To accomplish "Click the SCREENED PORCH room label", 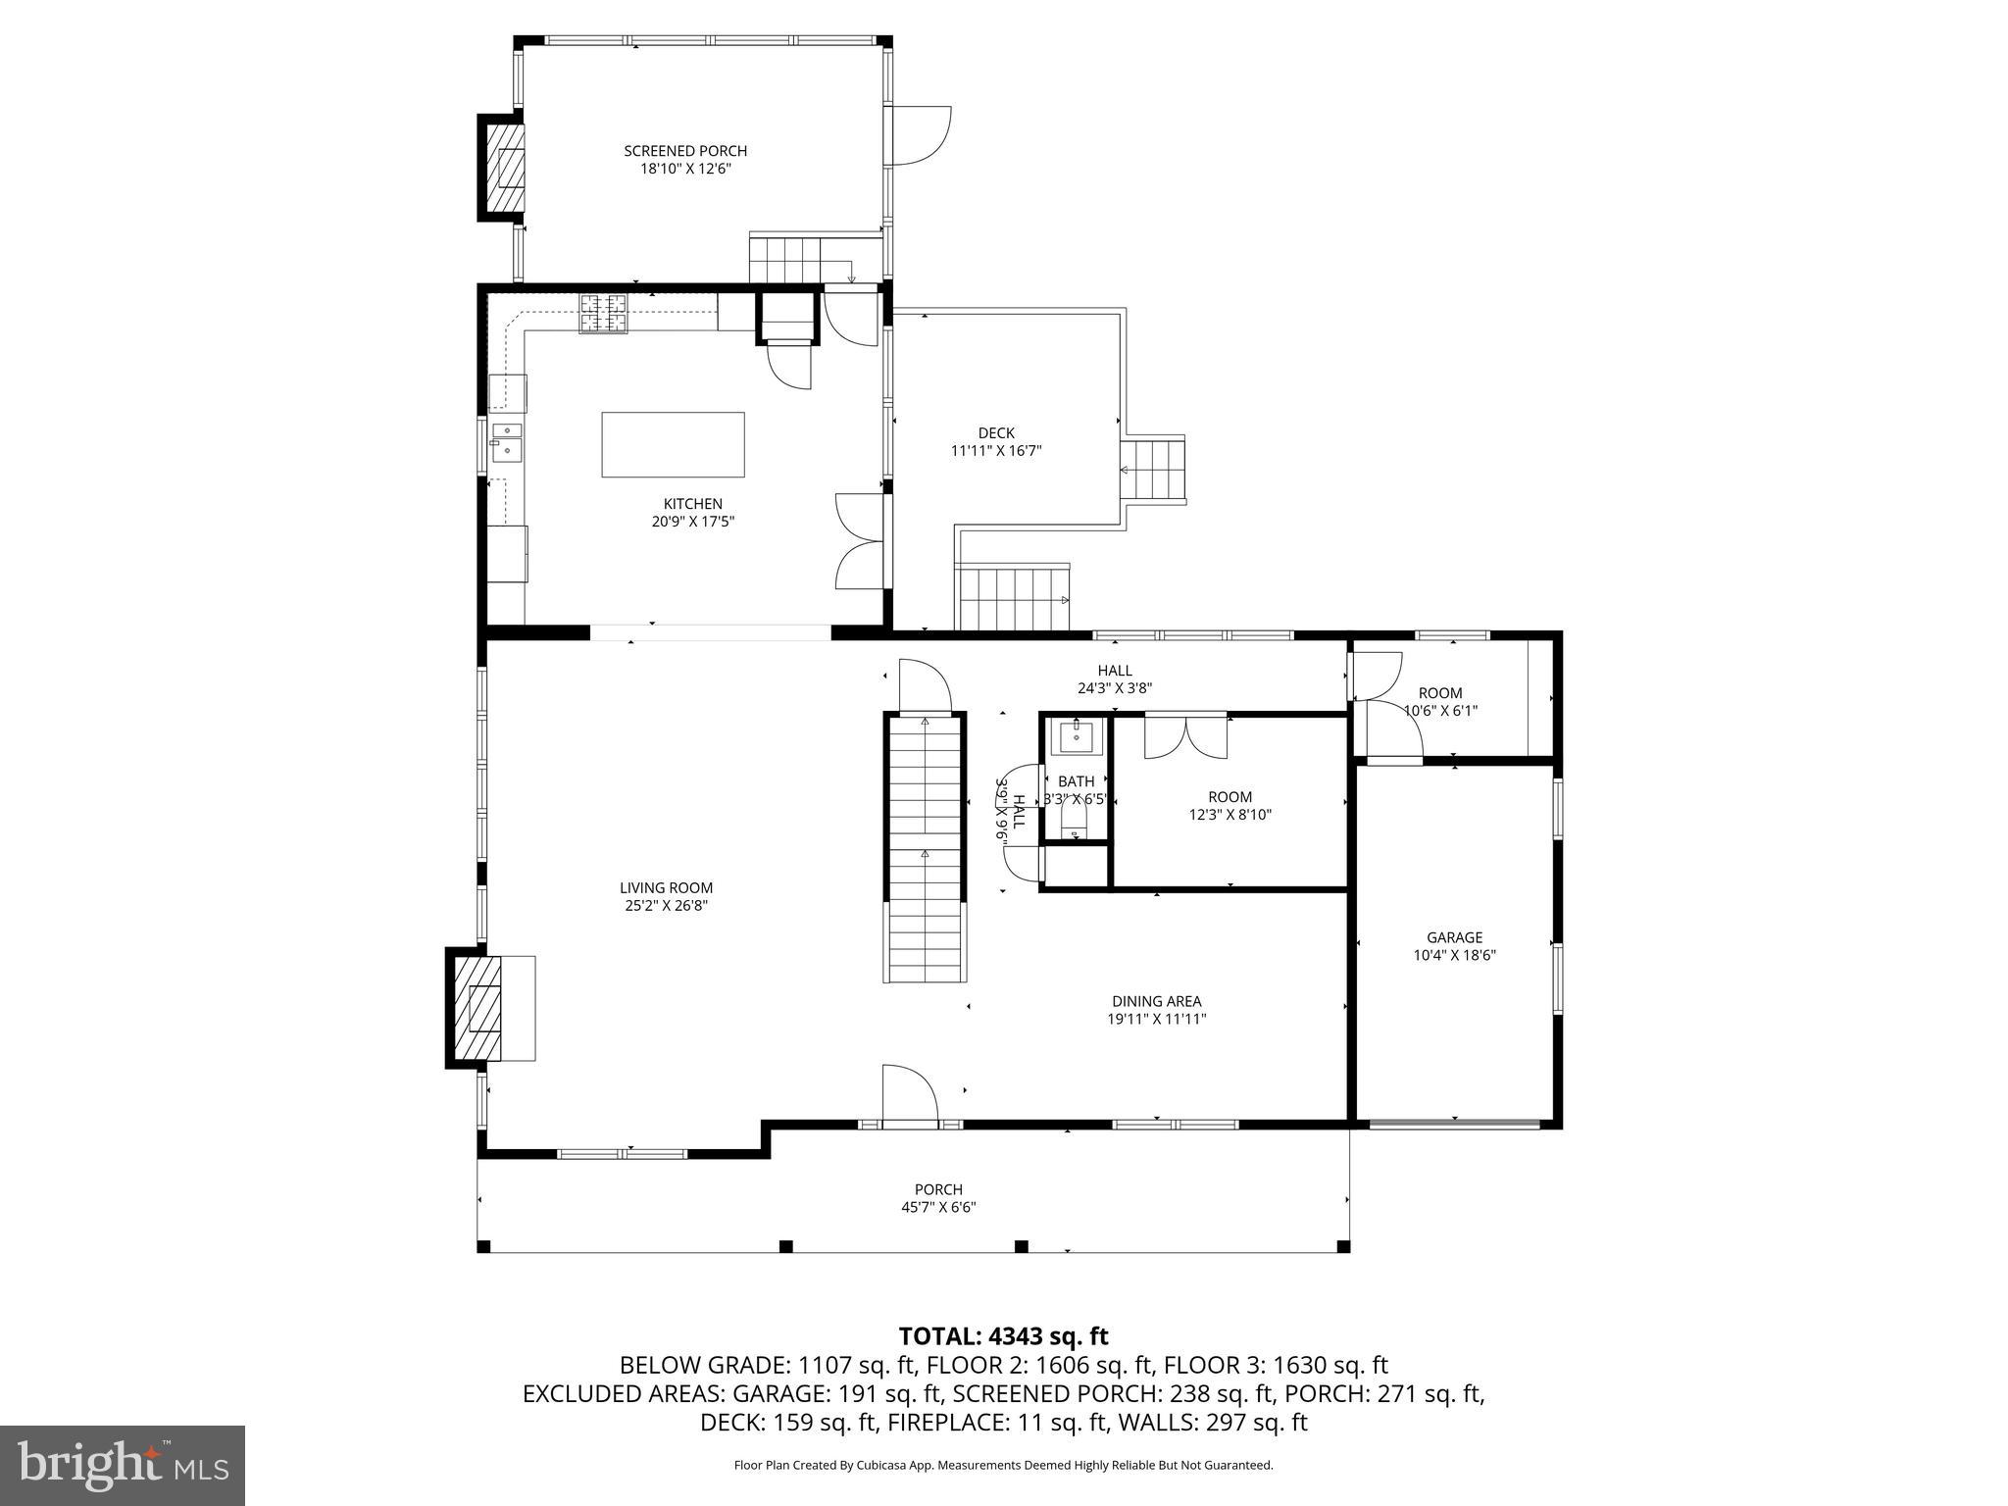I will coord(685,151).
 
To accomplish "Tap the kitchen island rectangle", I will coord(673,444).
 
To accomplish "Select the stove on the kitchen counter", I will coord(603,313).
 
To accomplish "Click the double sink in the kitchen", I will coord(507,442).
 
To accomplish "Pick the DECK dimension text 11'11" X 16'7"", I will coord(996,451).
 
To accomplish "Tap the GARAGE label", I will coord(1454,937).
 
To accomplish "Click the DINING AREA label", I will coord(1156,1001).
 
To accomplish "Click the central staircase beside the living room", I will coord(926,848).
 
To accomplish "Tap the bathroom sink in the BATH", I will coord(1077,735).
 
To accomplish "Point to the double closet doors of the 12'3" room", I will coord(1185,737).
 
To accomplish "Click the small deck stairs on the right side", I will coord(1153,471).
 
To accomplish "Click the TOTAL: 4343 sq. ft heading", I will coord(1003,1336).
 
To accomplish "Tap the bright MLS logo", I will coord(122,1466).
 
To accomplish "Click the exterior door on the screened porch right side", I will coord(920,135).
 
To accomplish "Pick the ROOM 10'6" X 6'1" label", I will coord(1439,702).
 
